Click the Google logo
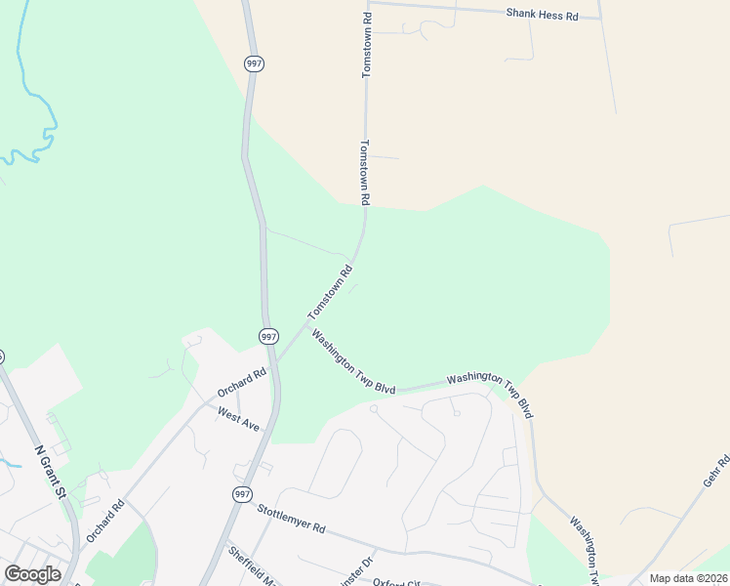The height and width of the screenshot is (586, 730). click(32, 574)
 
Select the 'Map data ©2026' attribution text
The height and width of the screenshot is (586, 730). click(688, 578)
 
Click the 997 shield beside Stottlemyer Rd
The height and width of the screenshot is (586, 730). click(242, 494)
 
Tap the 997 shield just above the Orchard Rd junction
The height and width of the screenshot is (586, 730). click(268, 336)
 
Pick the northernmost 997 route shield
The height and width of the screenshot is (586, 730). click(255, 63)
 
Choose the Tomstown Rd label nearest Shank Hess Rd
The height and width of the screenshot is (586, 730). click(367, 46)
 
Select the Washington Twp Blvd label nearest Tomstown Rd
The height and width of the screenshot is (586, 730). click(352, 361)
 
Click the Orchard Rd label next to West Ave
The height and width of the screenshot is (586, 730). click(242, 383)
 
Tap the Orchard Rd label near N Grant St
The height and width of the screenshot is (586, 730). click(107, 520)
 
